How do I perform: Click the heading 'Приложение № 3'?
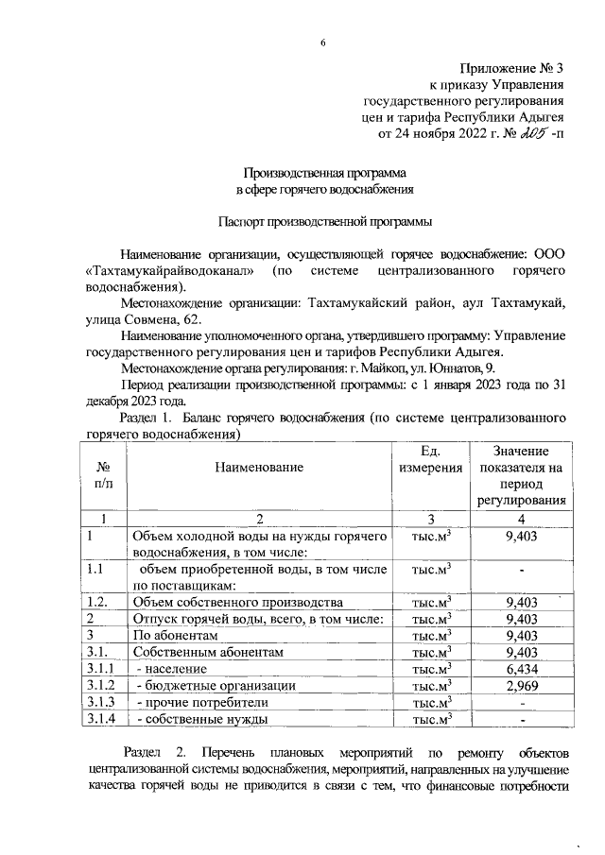tap(510, 68)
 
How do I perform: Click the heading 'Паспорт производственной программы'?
tap(324, 223)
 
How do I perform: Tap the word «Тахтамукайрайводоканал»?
tap(170, 272)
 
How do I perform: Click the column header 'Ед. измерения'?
tap(430, 459)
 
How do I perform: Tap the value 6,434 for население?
tap(521, 668)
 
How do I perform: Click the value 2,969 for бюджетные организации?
tap(521, 685)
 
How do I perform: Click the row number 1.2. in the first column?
tap(99, 602)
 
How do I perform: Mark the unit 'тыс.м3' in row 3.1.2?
tap(430, 685)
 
